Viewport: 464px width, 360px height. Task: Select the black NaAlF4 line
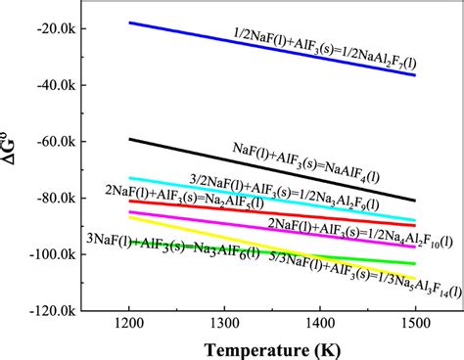pyautogui.click(x=245, y=149)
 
